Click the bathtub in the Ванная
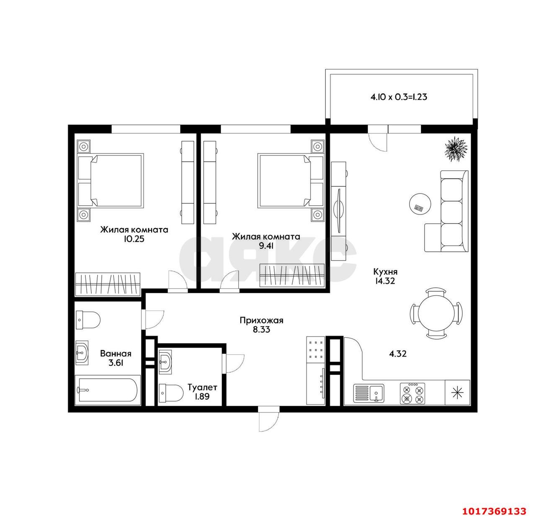(x=108, y=390)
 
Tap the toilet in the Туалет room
(x=171, y=393)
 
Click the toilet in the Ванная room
(x=88, y=320)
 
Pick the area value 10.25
(x=134, y=239)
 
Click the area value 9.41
(x=266, y=246)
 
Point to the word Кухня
(x=385, y=272)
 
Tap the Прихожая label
(x=261, y=320)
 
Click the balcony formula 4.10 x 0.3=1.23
(x=399, y=97)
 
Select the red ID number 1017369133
(x=494, y=511)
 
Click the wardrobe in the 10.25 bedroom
(x=108, y=284)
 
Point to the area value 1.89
(x=202, y=396)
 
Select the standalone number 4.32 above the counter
(x=398, y=354)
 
